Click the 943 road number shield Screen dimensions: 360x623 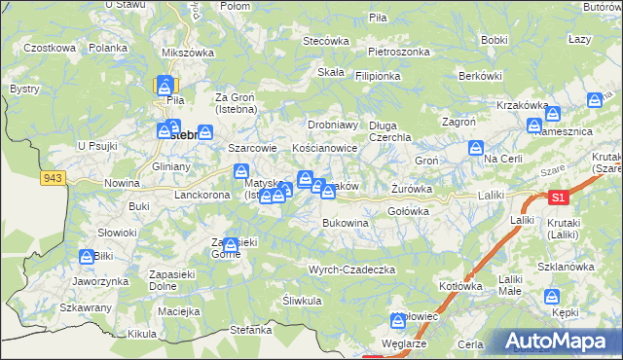coord(52,177)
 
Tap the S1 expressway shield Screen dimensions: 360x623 coord(556,198)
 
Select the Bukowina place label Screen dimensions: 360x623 coord(346,223)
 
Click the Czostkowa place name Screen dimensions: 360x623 coord(50,48)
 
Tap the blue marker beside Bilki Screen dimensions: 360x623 coord(87,257)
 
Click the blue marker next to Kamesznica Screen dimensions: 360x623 coord(533,126)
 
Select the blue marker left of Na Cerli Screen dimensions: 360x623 coord(475,149)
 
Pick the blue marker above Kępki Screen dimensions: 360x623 coord(553,298)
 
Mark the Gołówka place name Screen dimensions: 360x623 coord(409,211)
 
